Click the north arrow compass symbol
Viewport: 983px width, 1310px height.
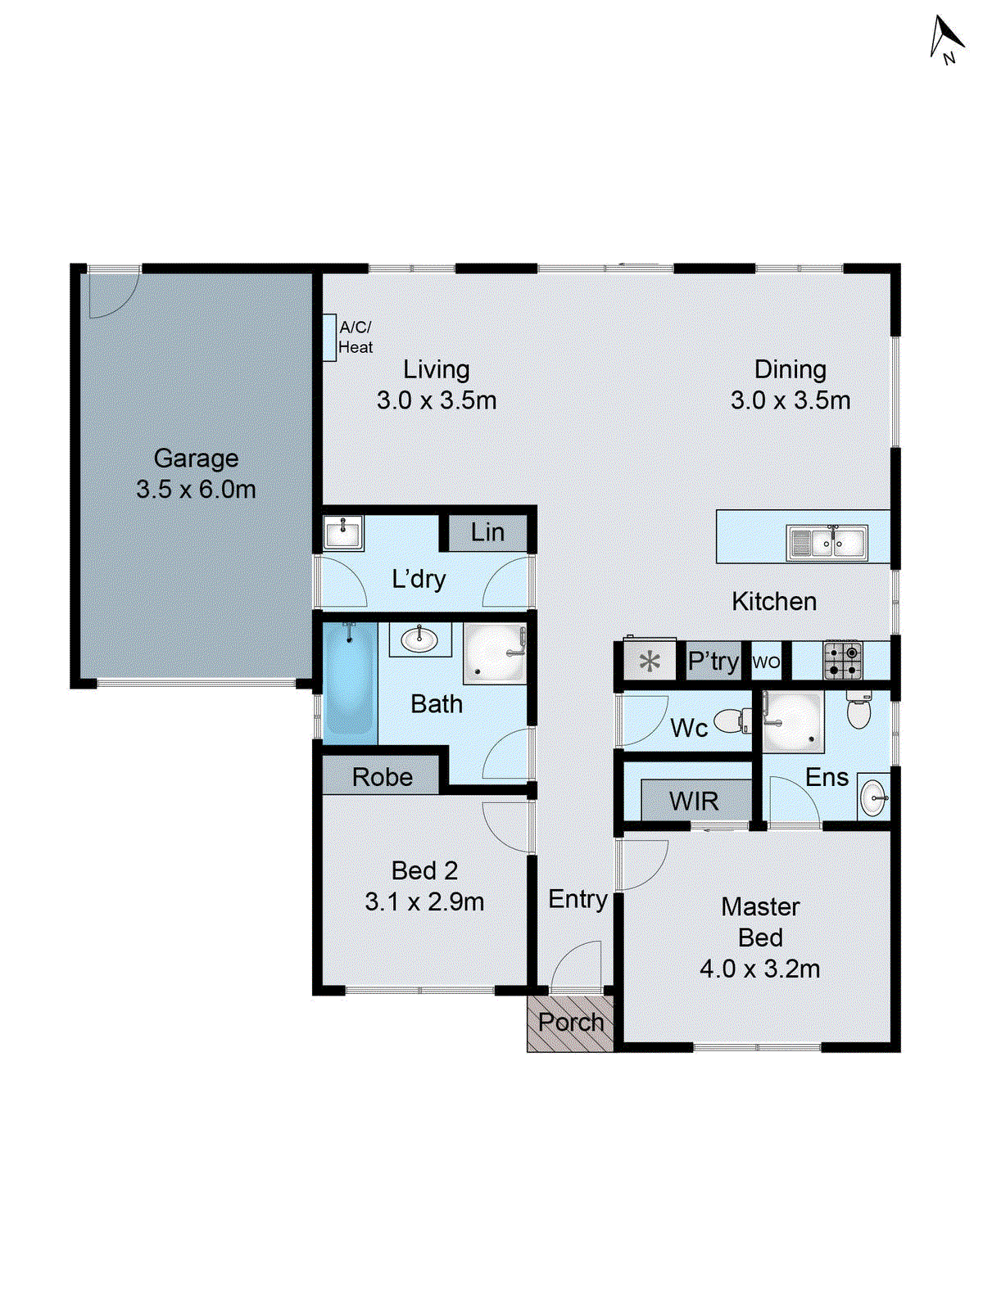click(947, 39)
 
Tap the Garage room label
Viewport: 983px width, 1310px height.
click(196, 458)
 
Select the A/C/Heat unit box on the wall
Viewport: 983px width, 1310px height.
click(329, 337)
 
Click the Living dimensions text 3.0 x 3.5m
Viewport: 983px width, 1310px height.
click(437, 400)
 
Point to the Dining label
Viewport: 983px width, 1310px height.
click(790, 369)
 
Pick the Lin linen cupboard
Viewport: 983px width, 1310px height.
click(487, 533)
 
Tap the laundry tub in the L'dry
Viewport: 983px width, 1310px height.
click(343, 534)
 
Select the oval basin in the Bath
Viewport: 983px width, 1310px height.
click(419, 639)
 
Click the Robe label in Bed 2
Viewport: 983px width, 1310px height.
click(382, 777)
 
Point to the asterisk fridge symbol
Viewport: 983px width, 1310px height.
click(650, 662)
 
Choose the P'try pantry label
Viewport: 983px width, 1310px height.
click(713, 661)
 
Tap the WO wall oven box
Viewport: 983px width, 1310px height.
click(766, 662)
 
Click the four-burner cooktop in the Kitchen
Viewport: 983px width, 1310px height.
click(842, 661)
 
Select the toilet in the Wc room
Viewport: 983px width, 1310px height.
click(731, 721)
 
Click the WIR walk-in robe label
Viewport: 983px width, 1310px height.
click(694, 801)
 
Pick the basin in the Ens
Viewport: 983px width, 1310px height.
click(874, 797)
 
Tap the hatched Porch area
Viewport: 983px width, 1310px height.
click(570, 1023)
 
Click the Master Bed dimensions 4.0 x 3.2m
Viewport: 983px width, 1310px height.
click(759, 969)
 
